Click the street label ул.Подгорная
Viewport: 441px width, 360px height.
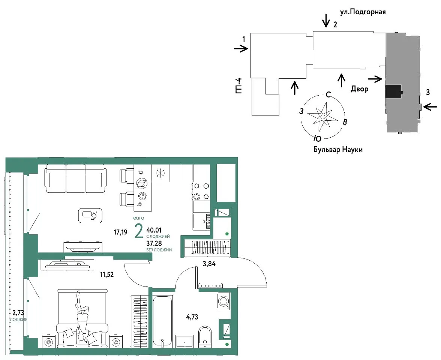click(363, 12)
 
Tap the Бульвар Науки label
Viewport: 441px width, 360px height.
click(338, 150)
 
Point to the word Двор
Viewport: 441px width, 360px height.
click(359, 89)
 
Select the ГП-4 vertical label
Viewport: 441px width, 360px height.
click(239, 86)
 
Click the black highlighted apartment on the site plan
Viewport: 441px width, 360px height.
click(393, 91)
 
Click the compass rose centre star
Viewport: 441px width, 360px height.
click(322, 116)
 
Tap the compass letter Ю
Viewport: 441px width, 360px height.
click(318, 138)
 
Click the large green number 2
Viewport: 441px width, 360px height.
click(139, 231)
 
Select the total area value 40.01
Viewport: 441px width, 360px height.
click(154, 230)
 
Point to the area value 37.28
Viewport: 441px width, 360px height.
click(154, 243)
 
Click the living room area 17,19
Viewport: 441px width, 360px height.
click(120, 232)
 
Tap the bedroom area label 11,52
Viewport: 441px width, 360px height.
click(107, 274)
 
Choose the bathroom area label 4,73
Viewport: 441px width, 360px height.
click(192, 317)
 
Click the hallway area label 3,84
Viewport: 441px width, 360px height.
click(209, 264)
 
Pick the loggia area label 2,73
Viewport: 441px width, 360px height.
click(18, 312)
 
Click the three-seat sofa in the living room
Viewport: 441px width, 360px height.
click(75, 178)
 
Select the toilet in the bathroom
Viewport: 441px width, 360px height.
click(205, 337)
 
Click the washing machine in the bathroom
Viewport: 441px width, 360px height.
click(224, 301)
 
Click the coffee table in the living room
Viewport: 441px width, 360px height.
click(90, 215)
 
